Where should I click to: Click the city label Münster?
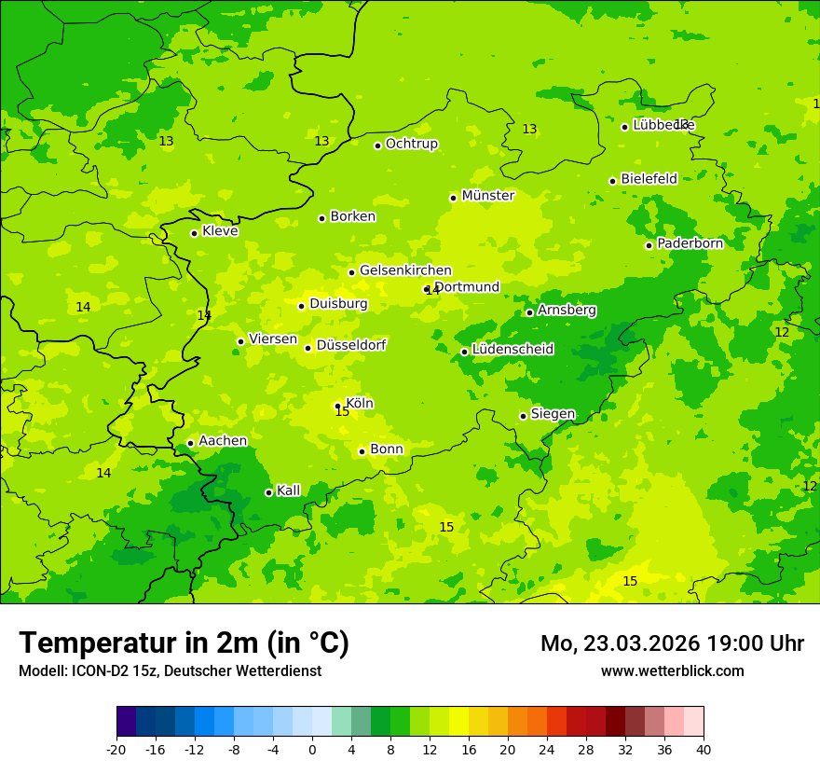pos(487,196)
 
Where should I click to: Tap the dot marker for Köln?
pos(338,406)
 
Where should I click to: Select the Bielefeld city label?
pos(649,179)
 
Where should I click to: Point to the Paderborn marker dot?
pos(649,245)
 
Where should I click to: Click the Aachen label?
pos(223,441)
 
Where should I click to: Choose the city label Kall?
pos(288,491)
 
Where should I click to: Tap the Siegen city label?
pos(553,414)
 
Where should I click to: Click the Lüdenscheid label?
pos(512,350)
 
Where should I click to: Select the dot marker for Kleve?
pos(194,233)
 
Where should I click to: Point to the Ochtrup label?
pos(411,144)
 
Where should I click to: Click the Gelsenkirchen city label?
pos(405,270)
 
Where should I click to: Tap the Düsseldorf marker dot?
pos(308,348)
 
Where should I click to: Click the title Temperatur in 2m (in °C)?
pos(184,643)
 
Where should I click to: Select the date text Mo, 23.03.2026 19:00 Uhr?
pos(672,643)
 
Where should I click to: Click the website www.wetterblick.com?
pos(672,670)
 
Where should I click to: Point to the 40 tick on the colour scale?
pos(704,749)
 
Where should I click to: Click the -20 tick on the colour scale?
pos(116,749)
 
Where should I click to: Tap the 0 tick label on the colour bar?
pos(312,749)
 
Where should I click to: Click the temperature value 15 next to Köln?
pos(342,412)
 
